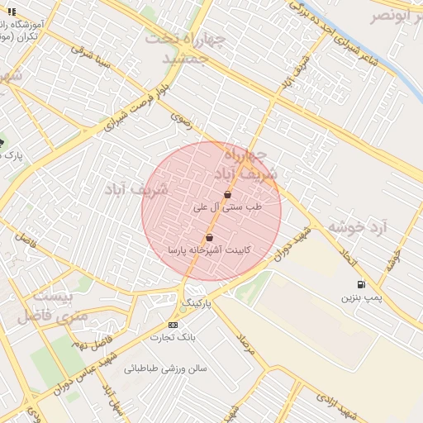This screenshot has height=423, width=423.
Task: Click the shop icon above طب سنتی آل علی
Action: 227,195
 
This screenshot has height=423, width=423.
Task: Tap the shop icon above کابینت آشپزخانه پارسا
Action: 209,237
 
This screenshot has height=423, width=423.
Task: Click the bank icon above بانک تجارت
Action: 173,325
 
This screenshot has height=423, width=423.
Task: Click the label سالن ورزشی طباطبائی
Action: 165,368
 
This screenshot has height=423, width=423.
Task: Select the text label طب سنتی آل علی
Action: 226,207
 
